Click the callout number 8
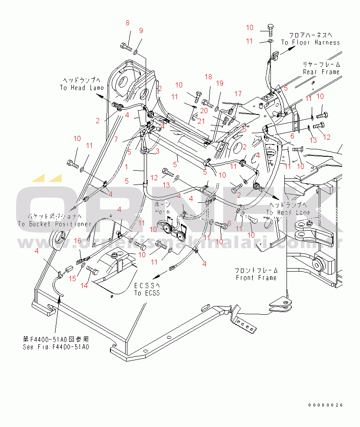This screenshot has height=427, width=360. (x=128, y=23)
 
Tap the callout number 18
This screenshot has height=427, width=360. (x=209, y=77)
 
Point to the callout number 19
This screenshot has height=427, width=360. (x=220, y=83)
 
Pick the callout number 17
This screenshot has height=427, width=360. (x=238, y=94)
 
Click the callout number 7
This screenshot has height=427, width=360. (x=116, y=139)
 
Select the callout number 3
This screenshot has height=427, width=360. (x=157, y=151)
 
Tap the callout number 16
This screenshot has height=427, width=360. (x=77, y=241)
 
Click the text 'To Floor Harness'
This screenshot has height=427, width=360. (x=310, y=42)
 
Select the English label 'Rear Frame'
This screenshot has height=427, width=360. (x=321, y=72)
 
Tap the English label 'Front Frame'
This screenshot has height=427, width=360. (x=256, y=278)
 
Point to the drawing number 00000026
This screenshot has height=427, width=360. (x=326, y=405)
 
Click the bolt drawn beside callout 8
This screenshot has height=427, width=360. (x=125, y=45)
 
